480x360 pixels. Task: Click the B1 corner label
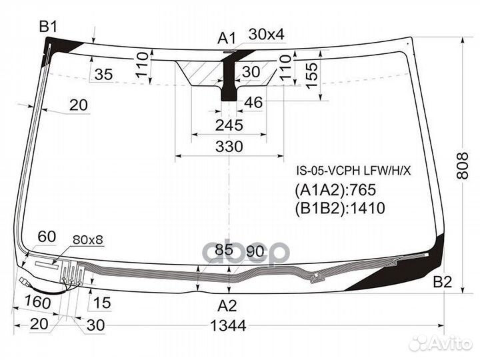pyautogui.click(x=48, y=27)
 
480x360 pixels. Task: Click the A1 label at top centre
pyautogui.click(x=227, y=39)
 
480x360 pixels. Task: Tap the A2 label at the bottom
pyautogui.click(x=227, y=305)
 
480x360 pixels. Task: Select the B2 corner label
pyautogui.click(x=443, y=281)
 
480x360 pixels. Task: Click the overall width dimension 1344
pyautogui.click(x=229, y=326)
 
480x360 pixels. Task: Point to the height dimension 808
pyautogui.click(x=462, y=165)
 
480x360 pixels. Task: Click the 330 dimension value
pyautogui.click(x=229, y=147)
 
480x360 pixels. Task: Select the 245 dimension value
pyautogui.click(x=229, y=125)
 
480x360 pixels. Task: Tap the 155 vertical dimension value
pyautogui.click(x=312, y=75)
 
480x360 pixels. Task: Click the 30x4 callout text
pyautogui.click(x=266, y=34)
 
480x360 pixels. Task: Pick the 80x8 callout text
pyautogui.click(x=88, y=240)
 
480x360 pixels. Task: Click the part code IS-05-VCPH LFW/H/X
pyautogui.click(x=353, y=171)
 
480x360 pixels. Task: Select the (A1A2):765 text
pyautogui.click(x=335, y=190)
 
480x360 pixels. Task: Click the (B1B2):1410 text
pyautogui.click(x=340, y=208)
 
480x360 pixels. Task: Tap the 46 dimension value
pyautogui.click(x=253, y=103)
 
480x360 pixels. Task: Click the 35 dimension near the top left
pyautogui.click(x=103, y=75)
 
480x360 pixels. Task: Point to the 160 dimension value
pyautogui.click(x=37, y=302)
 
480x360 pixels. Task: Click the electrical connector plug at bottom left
pyautogui.click(x=24, y=281)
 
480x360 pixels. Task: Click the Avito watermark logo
pyautogui.click(x=441, y=343)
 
